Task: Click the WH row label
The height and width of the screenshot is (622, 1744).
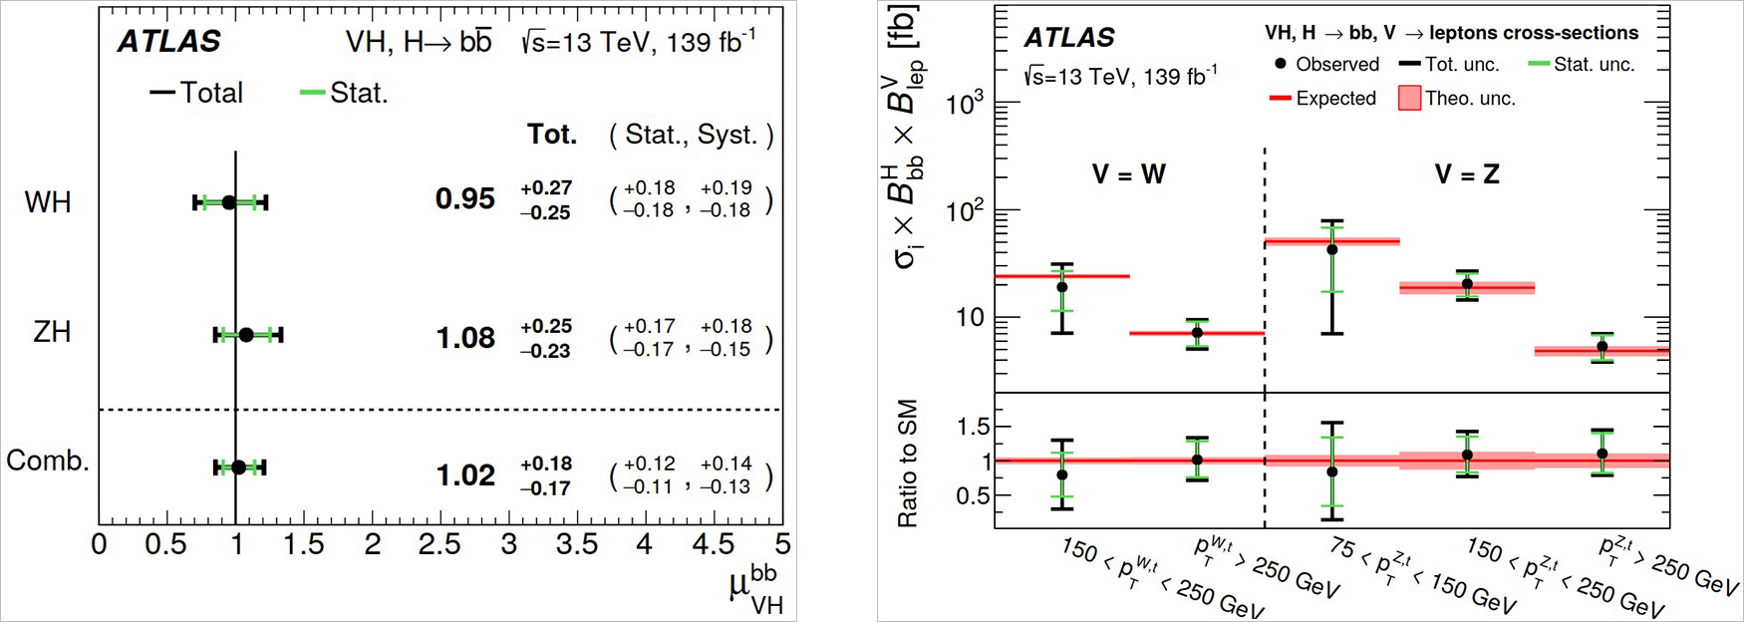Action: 48,202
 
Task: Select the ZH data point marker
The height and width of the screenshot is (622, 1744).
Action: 246,335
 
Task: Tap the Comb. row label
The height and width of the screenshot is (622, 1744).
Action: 47,461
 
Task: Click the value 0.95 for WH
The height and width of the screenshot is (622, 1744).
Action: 465,199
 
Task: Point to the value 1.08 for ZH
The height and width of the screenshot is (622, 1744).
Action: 465,339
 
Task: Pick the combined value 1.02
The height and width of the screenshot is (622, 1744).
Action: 465,475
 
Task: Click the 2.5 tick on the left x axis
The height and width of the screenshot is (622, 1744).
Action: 439,544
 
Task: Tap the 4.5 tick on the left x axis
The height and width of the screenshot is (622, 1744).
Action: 714,544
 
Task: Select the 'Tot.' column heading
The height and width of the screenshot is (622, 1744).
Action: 552,135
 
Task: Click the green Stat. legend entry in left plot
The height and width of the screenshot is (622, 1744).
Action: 345,93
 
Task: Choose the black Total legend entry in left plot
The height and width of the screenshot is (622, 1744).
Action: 197,93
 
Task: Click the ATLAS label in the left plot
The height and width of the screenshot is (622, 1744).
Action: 169,42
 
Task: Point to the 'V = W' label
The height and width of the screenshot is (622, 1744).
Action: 1129,174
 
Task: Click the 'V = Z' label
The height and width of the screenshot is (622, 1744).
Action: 1467,174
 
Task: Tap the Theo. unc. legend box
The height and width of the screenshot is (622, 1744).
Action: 1409,99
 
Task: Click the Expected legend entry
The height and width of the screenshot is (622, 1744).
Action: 1322,99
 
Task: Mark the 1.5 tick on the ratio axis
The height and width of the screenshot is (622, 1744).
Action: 973,427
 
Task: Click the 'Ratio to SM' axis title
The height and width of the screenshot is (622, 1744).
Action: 908,464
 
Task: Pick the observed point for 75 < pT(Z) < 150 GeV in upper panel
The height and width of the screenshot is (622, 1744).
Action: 1332,249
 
